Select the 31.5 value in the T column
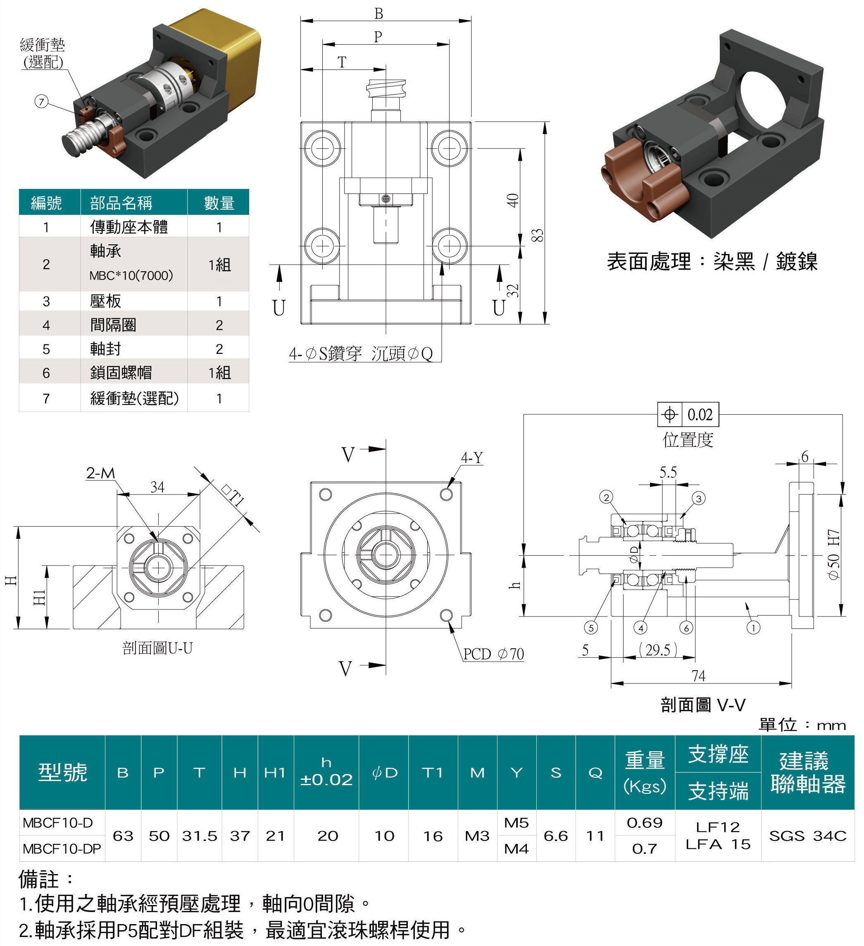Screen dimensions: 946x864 pyautogui.click(x=199, y=836)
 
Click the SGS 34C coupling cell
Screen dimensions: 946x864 pyautogui.click(x=807, y=836)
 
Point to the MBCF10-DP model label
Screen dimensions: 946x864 pyautogui.click(x=62, y=849)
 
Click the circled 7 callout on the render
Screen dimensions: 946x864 pyautogui.click(x=42, y=101)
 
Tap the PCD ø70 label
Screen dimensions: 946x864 pyautogui.click(x=493, y=654)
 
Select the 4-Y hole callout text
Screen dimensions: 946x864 pyautogui.click(x=471, y=458)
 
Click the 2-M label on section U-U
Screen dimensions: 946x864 pyautogui.click(x=100, y=473)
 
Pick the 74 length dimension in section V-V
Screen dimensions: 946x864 pyautogui.click(x=698, y=676)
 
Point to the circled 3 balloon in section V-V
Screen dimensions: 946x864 pyautogui.click(x=698, y=498)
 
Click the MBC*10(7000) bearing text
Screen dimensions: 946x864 pyautogui.click(x=131, y=275)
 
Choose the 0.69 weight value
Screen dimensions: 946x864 pyautogui.click(x=645, y=823)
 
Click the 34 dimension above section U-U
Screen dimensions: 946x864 pyautogui.click(x=157, y=487)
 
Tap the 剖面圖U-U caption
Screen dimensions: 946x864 pyautogui.click(x=157, y=648)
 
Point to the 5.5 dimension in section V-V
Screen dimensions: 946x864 pyautogui.click(x=668, y=472)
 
